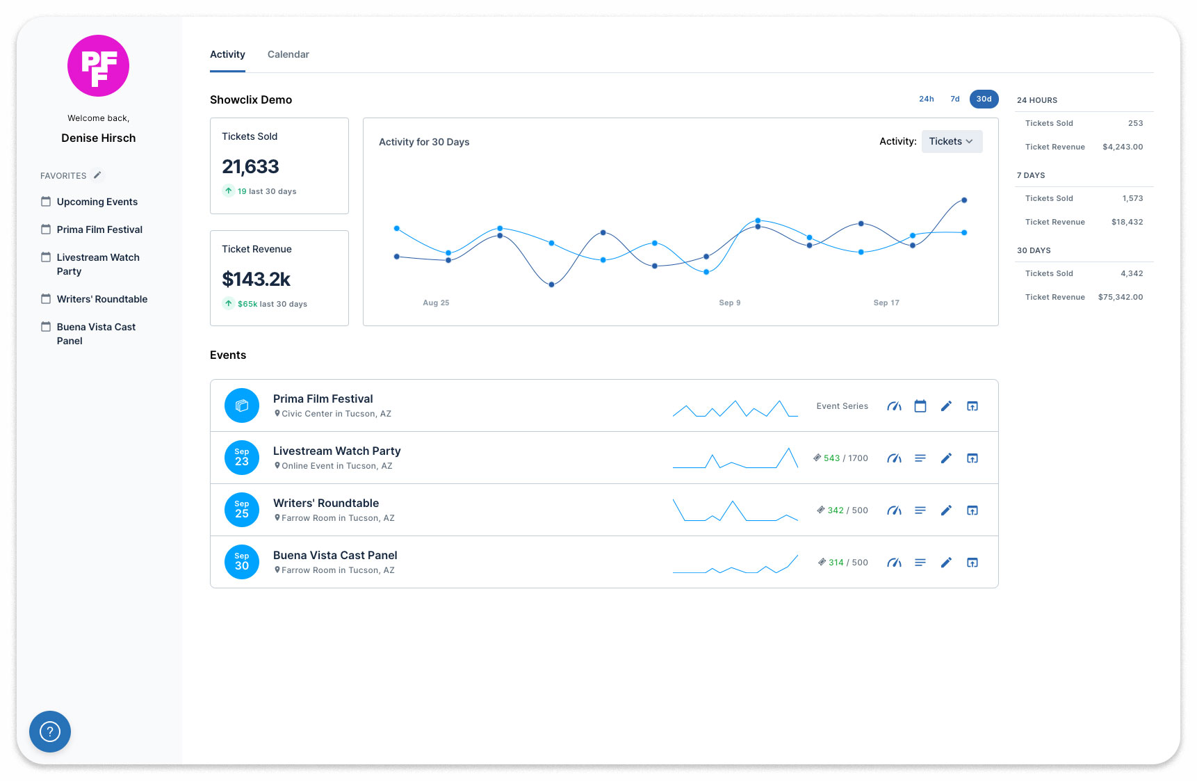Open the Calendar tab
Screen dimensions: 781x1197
288,54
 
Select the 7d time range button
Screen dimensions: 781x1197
955,99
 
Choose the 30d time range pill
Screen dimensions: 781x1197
984,99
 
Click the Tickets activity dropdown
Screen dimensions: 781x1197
951,141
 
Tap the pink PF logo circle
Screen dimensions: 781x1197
98,66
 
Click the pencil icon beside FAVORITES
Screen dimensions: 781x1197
97,175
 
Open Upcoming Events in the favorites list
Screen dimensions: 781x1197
97,202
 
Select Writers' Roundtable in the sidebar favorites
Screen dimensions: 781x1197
101,299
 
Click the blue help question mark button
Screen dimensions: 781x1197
50,732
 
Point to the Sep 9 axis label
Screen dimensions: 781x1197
729,303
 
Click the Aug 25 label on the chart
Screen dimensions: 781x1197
436,303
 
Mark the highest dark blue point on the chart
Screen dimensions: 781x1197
964,200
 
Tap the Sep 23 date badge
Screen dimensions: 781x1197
242,458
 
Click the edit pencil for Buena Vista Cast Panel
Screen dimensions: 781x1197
946,563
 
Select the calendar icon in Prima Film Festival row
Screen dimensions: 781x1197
920,406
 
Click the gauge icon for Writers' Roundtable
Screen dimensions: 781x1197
894,510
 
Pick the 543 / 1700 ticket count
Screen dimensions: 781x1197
845,458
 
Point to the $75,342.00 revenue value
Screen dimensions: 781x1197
1120,297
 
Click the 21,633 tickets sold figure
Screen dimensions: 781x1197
250,167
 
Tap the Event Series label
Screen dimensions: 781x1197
842,406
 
